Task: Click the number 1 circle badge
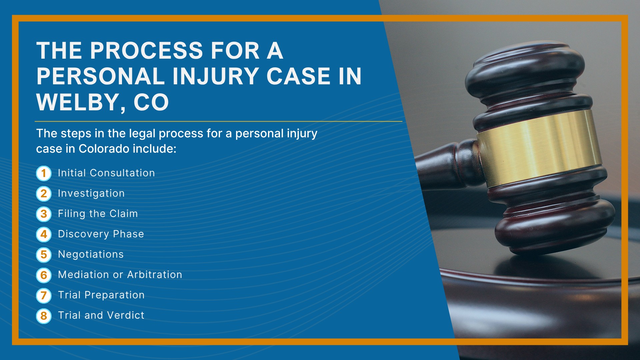pyautogui.click(x=44, y=173)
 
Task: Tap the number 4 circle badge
pyautogui.click(x=44, y=234)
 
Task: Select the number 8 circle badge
pyautogui.click(x=44, y=316)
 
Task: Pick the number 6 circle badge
pyautogui.click(x=44, y=275)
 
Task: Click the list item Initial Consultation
pyautogui.click(x=106, y=173)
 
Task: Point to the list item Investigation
pyautogui.click(x=91, y=194)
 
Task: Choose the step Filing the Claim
pyautogui.click(x=98, y=214)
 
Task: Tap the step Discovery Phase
pyautogui.click(x=101, y=234)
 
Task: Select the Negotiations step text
pyautogui.click(x=91, y=254)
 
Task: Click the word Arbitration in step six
pyautogui.click(x=155, y=275)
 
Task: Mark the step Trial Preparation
pyautogui.click(x=101, y=295)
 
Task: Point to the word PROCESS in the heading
pyautogui.click(x=147, y=51)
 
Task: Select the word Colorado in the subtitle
pyautogui.click(x=104, y=149)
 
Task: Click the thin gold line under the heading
pyautogui.click(x=219, y=122)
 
